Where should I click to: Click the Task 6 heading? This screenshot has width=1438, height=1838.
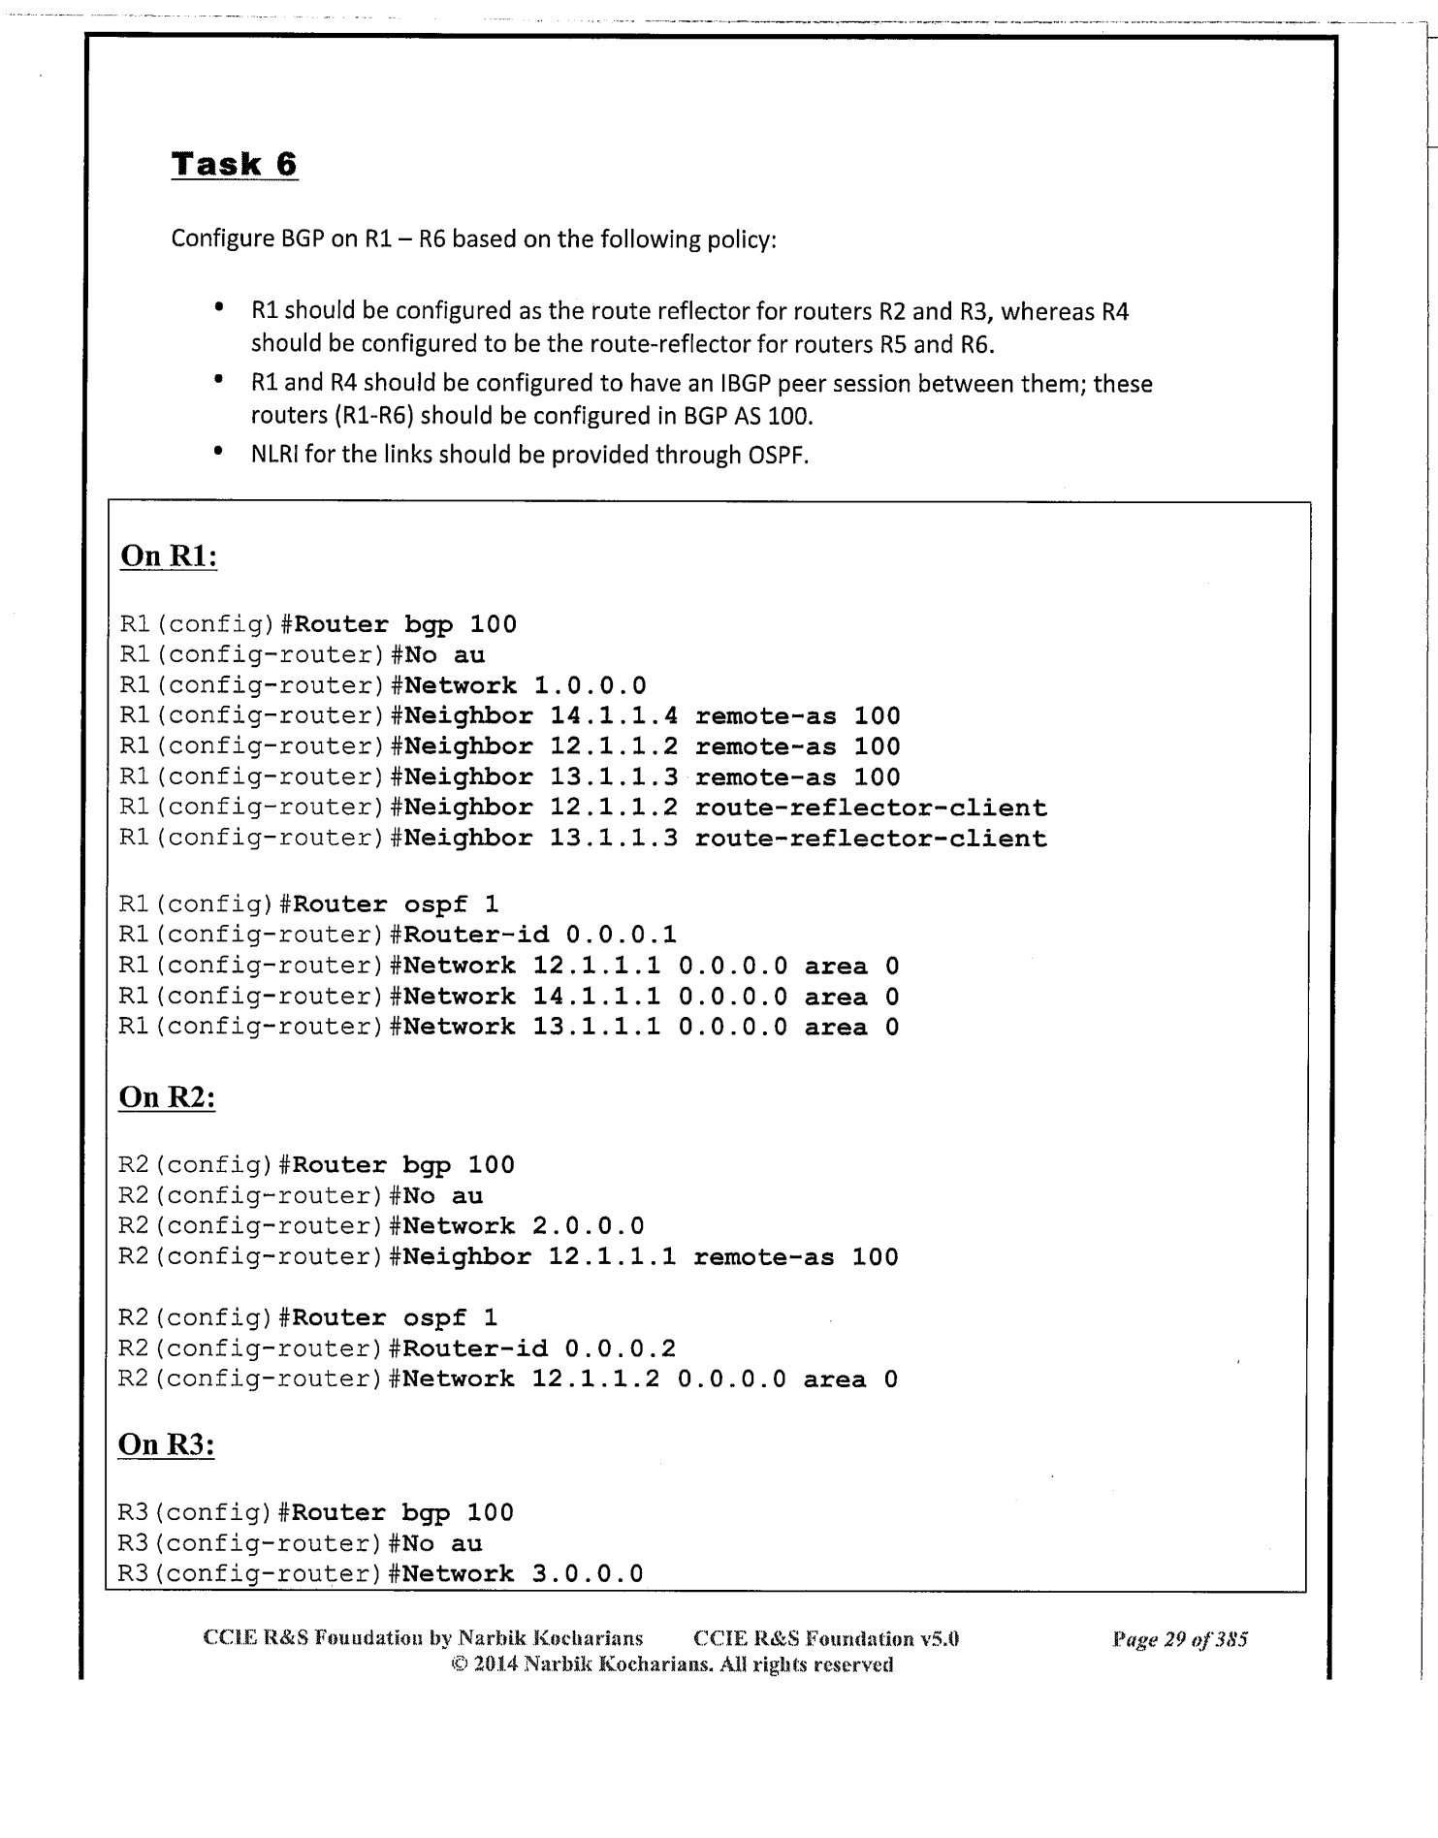pyautogui.click(x=234, y=164)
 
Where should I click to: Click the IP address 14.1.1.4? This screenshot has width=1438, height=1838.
pyautogui.click(x=614, y=716)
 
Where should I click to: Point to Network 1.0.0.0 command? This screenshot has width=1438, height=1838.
pyautogui.click(x=525, y=685)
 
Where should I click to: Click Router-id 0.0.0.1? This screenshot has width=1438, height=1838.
pyautogui.click(x=540, y=935)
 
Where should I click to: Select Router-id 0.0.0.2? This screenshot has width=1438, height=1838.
pyautogui.click(x=539, y=1348)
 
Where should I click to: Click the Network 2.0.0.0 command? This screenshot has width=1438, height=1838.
pyautogui.click(x=524, y=1226)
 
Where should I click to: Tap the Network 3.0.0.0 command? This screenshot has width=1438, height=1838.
pyautogui.click(x=523, y=1573)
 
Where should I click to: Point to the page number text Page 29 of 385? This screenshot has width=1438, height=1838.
pyautogui.click(x=1179, y=1639)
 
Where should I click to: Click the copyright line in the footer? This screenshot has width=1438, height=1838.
pyautogui.click(x=668, y=1665)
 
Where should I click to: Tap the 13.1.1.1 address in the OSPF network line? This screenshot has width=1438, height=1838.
pyautogui.click(x=596, y=1027)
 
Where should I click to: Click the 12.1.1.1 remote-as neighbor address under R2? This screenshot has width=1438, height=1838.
pyautogui.click(x=612, y=1257)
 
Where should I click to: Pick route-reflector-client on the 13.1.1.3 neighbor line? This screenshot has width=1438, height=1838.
pyautogui.click(x=871, y=839)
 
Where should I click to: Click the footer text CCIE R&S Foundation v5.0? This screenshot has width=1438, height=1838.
pyautogui.click(x=826, y=1639)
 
